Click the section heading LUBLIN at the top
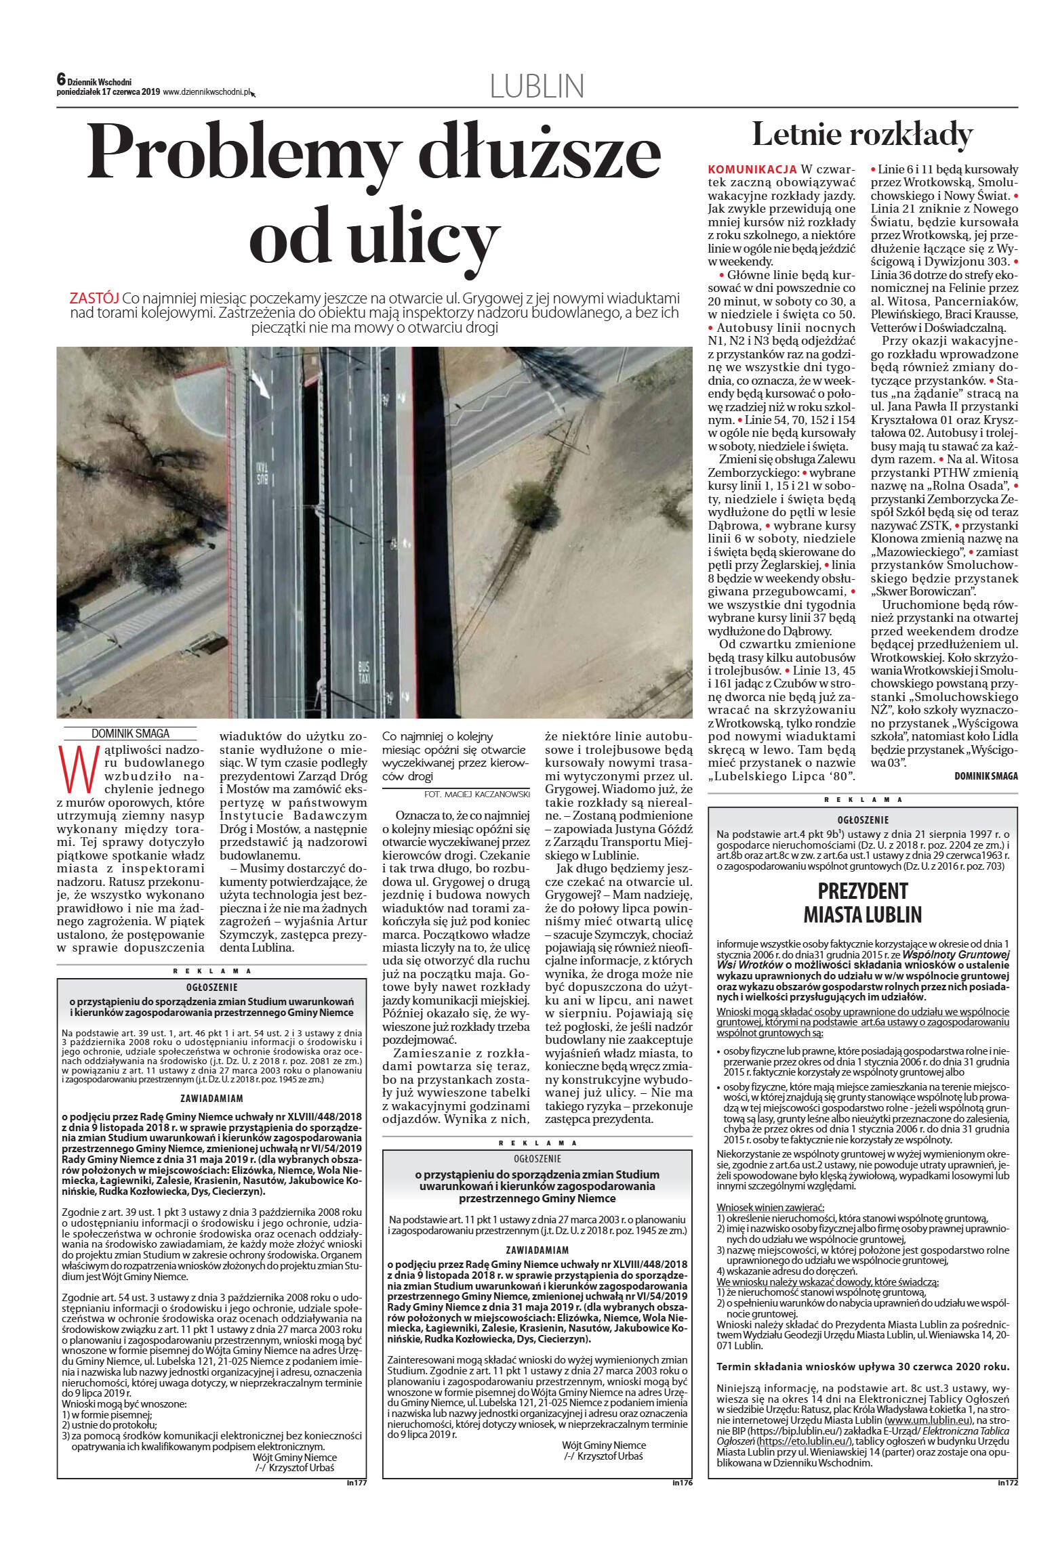pyautogui.click(x=536, y=87)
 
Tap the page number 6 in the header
pyautogui.click(x=61, y=80)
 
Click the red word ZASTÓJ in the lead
pyautogui.click(x=94, y=299)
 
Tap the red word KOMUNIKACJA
pyautogui.click(x=752, y=169)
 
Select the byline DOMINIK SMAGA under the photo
pyautogui.click(x=131, y=734)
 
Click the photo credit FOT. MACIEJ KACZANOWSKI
pyautogui.click(x=476, y=793)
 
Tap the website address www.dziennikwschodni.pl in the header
pyautogui.click(x=207, y=92)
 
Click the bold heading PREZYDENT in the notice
pyautogui.click(x=862, y=891)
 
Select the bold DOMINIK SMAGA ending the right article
pyautogui.click(x=986, y=776)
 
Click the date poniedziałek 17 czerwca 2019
pyautogui.click(x=108, y=92)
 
